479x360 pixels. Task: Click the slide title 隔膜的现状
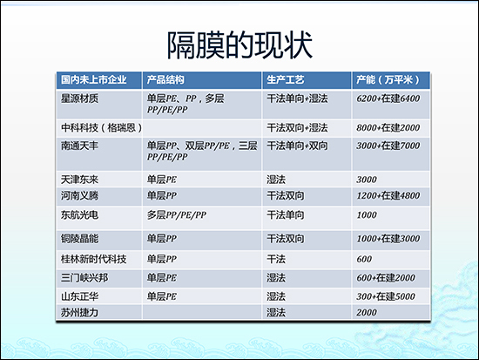coord(239,44)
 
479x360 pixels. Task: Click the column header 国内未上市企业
coord(93,80)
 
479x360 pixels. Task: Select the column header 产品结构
coord(167,80)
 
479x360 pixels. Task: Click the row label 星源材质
coord(78,98)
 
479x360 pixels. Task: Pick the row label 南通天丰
coord(78,145)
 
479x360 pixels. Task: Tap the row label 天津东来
coord(78,179)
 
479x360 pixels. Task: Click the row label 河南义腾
coord(78,194)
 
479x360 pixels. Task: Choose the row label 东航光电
coord(78,214)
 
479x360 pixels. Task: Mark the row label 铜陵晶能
coord(78,238)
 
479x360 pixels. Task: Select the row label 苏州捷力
coord(78,311)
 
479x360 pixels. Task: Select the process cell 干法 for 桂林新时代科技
coord(275,259)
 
